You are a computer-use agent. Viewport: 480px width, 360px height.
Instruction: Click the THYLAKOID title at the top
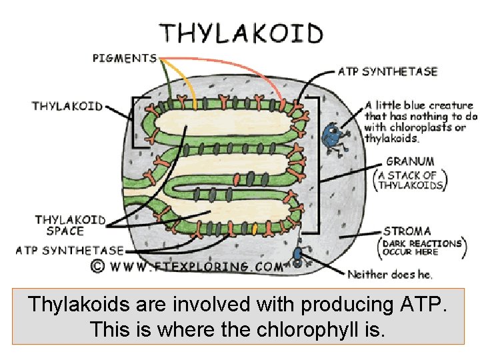point(241,33)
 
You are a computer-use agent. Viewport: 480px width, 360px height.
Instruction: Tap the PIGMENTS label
point(125,58)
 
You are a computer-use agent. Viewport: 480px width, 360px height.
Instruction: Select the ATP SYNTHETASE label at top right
point(387,71)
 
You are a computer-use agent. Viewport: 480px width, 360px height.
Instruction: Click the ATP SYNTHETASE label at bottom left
point(70,251)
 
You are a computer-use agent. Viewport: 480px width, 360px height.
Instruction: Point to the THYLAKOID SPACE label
point(70,225)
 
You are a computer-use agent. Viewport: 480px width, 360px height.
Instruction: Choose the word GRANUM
point(410,161)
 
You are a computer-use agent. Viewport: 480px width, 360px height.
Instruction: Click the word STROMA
point(407,231)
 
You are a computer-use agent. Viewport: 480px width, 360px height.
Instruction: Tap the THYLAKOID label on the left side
point(67,106)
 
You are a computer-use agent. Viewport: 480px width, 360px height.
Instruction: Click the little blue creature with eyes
point(331,137)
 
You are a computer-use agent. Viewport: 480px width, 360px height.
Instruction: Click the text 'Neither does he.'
point(390,275)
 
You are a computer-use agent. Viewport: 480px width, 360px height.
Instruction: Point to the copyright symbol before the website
point(98,266)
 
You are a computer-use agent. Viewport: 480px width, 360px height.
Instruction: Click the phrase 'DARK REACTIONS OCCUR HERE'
point(421,248)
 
